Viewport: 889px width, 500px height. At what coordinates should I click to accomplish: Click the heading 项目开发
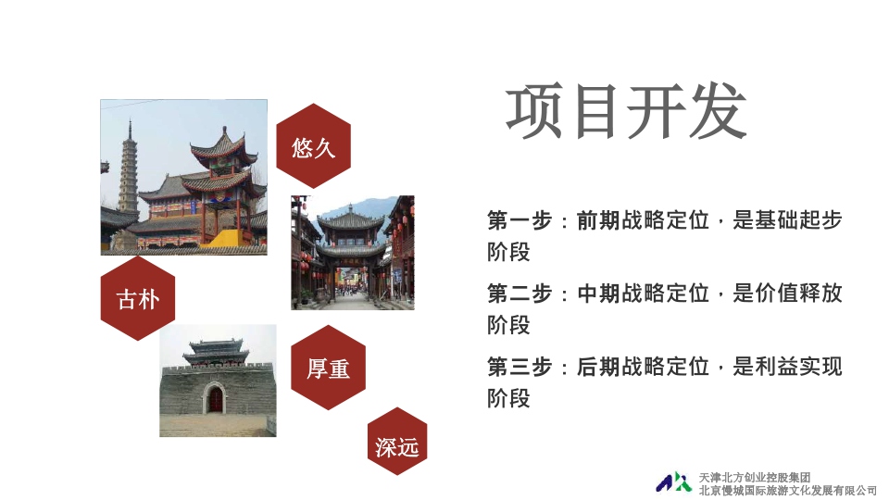[x=626, y=111]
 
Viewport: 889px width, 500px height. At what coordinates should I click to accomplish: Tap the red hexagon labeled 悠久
[x=314, y=145]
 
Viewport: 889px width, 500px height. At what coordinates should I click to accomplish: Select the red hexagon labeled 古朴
[x=138, y=298]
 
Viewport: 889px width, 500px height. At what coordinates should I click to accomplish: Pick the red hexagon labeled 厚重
[x=328, y=368]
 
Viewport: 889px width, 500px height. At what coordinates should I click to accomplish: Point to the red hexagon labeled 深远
[x=397, y=441]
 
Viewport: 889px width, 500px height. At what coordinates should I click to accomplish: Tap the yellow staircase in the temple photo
[x=226, y=238]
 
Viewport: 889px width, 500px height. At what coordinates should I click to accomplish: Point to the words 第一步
[x=520, y=220]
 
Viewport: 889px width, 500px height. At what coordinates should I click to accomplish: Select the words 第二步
[x=520, y=294]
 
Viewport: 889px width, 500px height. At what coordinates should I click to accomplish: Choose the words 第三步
[x=520, y=367]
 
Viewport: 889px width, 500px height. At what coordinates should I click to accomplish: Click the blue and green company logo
[x=673, y=481]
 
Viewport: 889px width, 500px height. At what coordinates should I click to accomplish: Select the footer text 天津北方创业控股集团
[x=754, y=478]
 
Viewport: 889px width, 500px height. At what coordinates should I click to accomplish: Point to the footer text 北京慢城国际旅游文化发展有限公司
[x=787, y=491]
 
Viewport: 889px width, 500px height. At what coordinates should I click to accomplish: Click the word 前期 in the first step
[x=598, y=220]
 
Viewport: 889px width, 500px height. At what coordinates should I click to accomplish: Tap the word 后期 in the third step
[x=598, y=367]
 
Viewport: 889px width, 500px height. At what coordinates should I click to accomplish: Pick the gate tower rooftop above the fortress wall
[x=216, y=352]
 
